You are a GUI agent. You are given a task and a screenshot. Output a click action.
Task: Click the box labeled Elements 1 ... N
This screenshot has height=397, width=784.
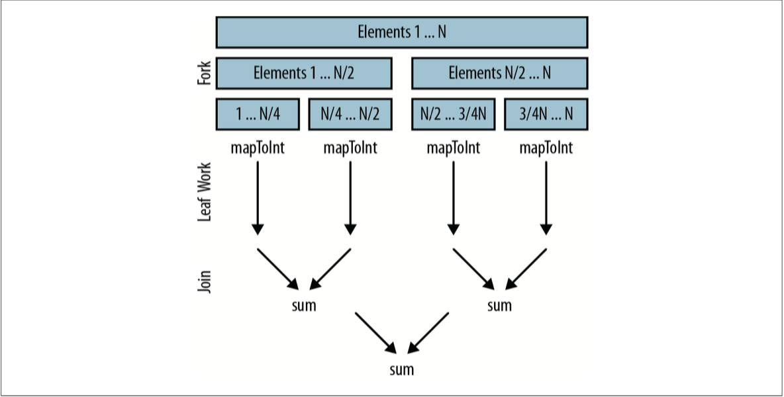pos(402,32)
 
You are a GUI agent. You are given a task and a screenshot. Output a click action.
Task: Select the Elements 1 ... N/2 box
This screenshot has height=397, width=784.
pos(304,73)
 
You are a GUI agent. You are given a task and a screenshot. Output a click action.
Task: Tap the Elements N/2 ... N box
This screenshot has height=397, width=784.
pos(499,73)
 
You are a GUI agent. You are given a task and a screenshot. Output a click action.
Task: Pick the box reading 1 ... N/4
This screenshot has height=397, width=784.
pos(258,114)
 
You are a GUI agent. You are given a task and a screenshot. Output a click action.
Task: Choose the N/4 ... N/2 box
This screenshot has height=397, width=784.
pos(350,114)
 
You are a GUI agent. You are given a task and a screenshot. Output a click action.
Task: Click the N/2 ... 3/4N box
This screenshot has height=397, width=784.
pos(453,114)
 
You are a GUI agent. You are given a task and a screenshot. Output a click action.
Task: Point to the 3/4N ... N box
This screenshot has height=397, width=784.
pos(546,114)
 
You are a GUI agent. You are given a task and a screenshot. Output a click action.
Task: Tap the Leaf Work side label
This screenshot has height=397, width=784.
pos(205,192)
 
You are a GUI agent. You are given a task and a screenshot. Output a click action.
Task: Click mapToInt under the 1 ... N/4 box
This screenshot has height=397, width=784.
pos(258,148)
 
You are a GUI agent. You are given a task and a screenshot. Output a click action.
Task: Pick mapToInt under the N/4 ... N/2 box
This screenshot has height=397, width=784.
pos(350,148)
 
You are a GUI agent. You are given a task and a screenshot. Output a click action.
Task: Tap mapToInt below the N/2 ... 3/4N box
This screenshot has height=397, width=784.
pos(453,148)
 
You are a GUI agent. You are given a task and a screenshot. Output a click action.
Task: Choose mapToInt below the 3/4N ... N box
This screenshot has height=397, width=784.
pos(546,148)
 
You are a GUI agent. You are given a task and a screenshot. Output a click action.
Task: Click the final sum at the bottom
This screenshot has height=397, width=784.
pos(402,369)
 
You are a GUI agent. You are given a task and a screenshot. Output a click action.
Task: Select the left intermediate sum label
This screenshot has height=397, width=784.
pos(304,306)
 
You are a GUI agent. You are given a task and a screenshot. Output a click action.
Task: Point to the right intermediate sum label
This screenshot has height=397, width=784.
pos(499,306)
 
